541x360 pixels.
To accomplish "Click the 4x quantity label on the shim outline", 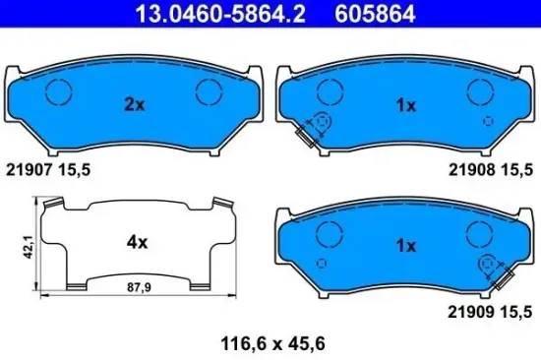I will click(x=137, y=241).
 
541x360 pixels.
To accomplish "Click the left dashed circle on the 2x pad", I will click(x=61, y=91).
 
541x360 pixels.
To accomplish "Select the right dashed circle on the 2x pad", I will click(x=210, y=91).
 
